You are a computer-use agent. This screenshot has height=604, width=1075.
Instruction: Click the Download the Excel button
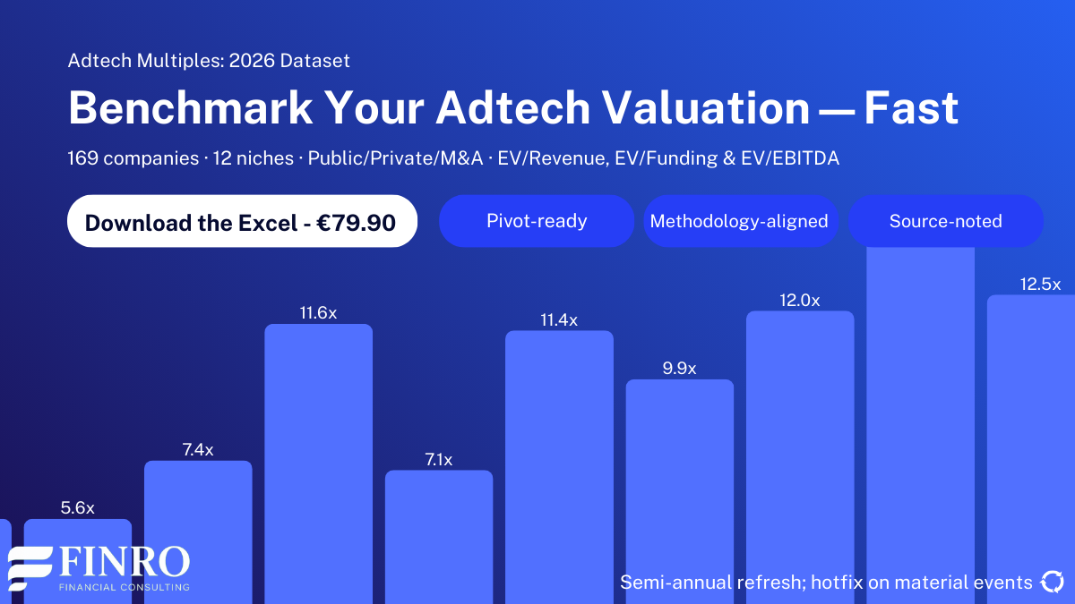pos(242,221)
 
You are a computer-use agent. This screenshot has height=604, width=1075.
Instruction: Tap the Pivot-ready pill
pos(537,221)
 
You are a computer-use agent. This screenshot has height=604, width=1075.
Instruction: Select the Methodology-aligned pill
pos(739,221)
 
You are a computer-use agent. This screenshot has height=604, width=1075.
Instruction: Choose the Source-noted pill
pos(945,221)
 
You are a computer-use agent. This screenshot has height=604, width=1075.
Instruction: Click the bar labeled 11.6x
pos(318,447)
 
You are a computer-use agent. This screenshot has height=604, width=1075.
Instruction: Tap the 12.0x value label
pos(800,301)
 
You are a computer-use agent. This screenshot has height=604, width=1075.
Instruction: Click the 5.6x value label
pos(78,507)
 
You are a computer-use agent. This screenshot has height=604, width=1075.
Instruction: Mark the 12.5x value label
pos(1040,285)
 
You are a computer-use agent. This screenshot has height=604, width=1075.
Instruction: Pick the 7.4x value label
pos(198,450)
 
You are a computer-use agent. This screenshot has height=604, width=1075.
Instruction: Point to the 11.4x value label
pos(559,320)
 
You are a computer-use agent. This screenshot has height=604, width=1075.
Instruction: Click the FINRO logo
pos(99,566)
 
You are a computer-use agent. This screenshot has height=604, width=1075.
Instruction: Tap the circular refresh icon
pos(1051,583)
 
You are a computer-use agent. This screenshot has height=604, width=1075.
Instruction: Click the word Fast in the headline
pos(911,109)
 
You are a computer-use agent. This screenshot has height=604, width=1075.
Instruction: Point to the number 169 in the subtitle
pos(82,158)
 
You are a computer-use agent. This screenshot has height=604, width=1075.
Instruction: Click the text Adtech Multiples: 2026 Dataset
pos(209,61)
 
